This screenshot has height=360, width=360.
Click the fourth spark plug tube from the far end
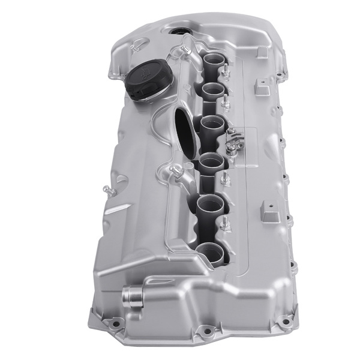(x=210, y=161)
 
